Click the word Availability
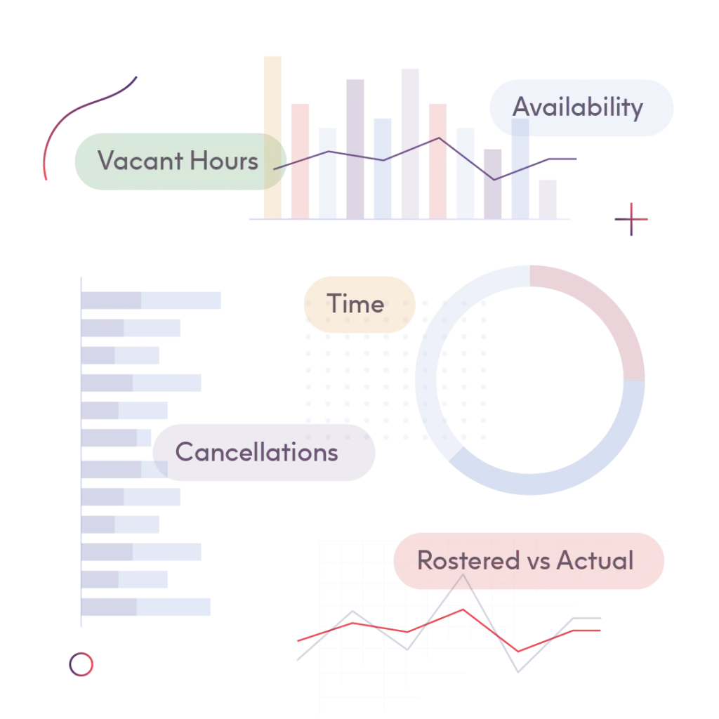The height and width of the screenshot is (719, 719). pyautogui.click(x=577, y=107)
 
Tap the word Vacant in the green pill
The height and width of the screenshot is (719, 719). pyautogui.click(x=140, y=161)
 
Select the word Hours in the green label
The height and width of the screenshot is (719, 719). pyautogui.click(x=224, y=161)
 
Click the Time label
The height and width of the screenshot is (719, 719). pyautogui.click(x=355, y=304)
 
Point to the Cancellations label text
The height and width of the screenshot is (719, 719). pyautogui.click(x=257, y=452)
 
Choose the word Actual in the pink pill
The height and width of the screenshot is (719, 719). pyautogui.click(x=595, y=560)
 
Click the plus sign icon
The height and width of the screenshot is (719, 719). pyautogui.click(x=631, y=219)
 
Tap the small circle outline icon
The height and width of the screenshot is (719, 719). pyautogui.click(x=81, y=664)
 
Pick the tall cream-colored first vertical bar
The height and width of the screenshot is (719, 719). pyautogui.click(x=273, y=138)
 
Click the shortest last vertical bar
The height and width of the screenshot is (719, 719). pyautogui.click(x=548, y=199)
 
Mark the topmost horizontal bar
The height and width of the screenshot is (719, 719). pyautogui.click(x=151, y=301)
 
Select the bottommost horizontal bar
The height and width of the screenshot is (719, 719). pyautogui.click(x=146, y=607)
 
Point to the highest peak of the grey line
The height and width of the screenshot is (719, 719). pyautogui.click(x=463, y=575)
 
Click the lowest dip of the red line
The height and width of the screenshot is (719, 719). pyautogui.click(x=518, y=651)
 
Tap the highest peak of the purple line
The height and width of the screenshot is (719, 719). pyautogui.click(x=439, y=138)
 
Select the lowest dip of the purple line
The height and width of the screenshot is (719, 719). pyautogui.click(x=494, y=179)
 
